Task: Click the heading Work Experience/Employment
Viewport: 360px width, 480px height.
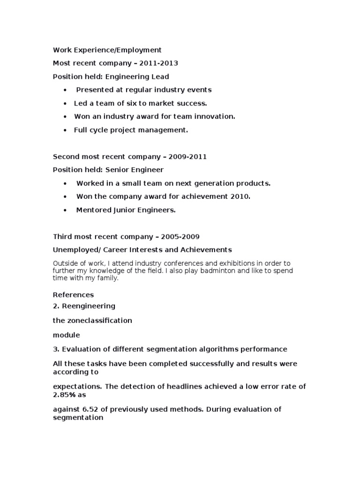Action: click(x=107, y=50)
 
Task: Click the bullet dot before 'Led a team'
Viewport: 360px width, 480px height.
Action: click(x=64, y=103)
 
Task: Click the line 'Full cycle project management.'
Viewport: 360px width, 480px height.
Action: click(x=131, y=130)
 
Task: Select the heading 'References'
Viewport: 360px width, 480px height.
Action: click(x=73, y=295)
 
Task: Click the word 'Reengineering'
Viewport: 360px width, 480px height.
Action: click(x=88, y=306)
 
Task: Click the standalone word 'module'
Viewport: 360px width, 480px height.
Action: click(x=66, y=335)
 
